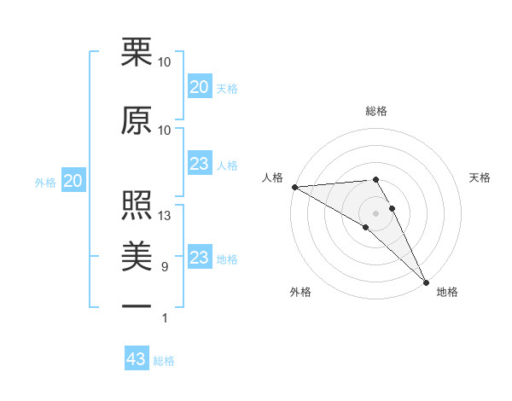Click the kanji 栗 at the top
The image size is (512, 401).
[x=137, y=53]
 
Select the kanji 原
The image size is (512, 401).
[x=137, y=120]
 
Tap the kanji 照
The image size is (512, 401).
[x=137, y=206]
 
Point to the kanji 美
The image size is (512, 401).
[x=137, y=255]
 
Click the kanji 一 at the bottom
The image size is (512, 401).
[x=137, y=305]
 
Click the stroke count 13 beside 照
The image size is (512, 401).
[x=165, y=216]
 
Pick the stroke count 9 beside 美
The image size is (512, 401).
[x=165, y=267]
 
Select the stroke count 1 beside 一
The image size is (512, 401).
[x=165, y=318]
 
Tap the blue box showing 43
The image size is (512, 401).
[x=137, y=359]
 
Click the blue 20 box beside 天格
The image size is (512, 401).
[x=199, y=87]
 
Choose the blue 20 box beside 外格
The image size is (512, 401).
[x=73, y=181]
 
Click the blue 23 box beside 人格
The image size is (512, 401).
[x=199, y=164]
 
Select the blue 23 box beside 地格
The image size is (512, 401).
[x=199, y=258]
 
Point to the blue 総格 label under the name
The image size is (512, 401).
[x=164, y=361]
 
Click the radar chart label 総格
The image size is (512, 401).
[x=375, y=111]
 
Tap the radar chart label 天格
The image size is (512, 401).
[x=480, y=177]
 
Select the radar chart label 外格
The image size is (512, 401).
[x=300, y=292]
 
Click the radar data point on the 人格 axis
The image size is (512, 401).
[x=294, y=187]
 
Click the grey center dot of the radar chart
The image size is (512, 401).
[x=375, y=212]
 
